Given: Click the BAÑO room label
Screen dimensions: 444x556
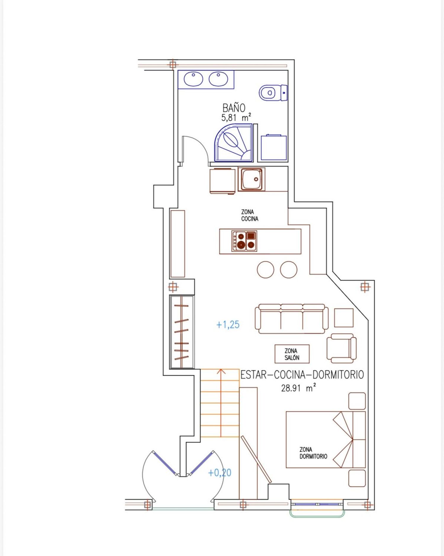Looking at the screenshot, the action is (234, 107).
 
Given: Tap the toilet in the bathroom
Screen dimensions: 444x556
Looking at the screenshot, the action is (273, 93).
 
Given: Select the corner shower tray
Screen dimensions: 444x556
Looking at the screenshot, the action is (234, 142).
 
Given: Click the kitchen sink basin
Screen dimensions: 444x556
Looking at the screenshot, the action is (252, 179).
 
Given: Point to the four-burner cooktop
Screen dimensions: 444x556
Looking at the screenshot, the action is (244, 241).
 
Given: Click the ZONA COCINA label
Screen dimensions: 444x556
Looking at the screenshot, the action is (250, 215).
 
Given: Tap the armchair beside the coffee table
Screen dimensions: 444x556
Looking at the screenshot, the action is (341, 348).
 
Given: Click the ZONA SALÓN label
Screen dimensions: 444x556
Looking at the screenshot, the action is (292, 354).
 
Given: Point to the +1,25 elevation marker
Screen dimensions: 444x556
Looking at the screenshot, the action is (228, 325).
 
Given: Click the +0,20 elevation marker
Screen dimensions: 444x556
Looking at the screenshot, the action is (220, 472).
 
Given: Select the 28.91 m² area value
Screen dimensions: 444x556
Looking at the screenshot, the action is (298, 387).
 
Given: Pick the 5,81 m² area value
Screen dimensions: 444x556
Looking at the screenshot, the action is (236, 117).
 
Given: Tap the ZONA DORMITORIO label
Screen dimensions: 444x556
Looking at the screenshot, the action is (313, 453).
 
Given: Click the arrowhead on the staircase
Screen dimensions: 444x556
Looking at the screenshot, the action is (221, 371).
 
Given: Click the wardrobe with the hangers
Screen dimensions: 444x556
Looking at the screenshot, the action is (181, 332).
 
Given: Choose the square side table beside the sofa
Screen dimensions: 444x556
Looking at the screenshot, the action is (344, 318).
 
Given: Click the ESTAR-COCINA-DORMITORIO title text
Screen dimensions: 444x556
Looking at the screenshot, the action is (302, 375).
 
